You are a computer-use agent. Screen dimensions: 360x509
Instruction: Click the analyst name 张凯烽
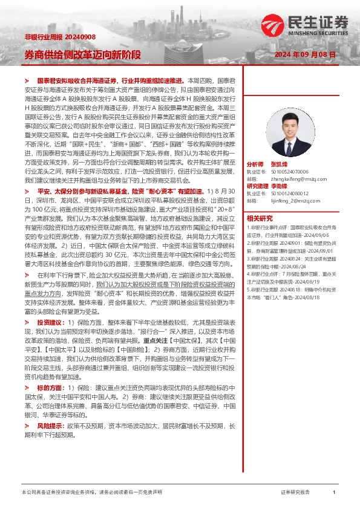(x=280, y=164)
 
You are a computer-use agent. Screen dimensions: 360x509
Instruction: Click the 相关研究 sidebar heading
(x=260, y=218)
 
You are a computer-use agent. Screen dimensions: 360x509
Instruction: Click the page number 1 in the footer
(x=334, y=493)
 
